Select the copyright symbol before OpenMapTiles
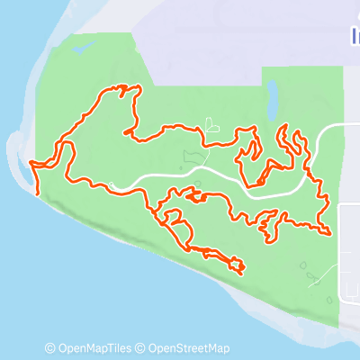click(50, 348)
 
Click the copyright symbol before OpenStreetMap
click(140, 348)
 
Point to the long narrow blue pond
click(272, 100)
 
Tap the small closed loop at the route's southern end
click(237, 264)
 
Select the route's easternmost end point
click(331, 234)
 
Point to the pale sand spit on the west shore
click(20, 153)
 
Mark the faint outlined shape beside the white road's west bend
click(191, 159)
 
